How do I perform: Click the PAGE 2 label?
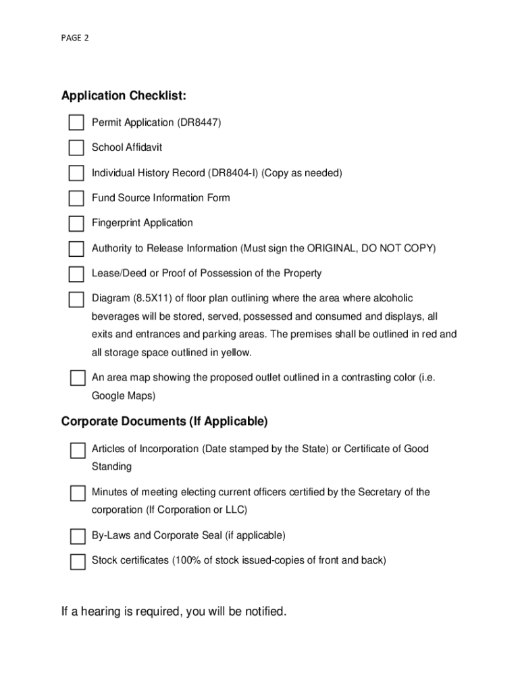tap(74, 38)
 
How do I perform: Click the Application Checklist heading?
tap(124, 96)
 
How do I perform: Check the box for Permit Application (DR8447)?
tap(76, 122)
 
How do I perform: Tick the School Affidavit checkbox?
tap(76, 147)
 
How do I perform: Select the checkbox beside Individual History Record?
tap(76, 173)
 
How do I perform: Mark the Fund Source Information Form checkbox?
tap(76, 198)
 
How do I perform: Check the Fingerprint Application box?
tap(76, 223)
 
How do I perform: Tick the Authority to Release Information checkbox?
tap(76, 249)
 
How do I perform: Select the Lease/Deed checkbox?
tap(76, 274)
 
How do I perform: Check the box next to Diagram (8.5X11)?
tap(76, 299)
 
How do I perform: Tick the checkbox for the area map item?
tap(78, 378)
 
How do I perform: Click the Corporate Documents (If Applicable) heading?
tap(164, 422)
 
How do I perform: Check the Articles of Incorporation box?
tap(78, 450)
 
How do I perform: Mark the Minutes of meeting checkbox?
tap(78, 493)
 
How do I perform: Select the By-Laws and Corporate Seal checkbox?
tap(78, 537)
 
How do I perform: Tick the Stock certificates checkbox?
tap(78, 562)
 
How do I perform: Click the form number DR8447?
tap(199, 122)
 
